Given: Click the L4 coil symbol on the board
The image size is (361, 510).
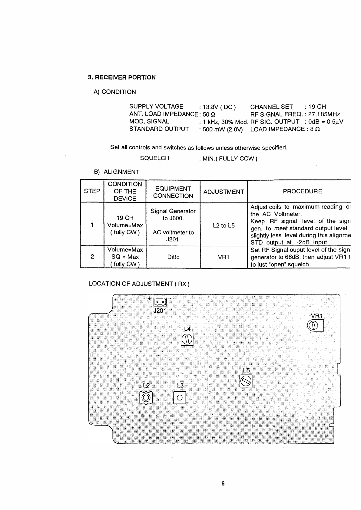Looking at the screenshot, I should (x=187, y=339).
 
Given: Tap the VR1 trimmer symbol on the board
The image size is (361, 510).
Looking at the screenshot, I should (x=315, y=325).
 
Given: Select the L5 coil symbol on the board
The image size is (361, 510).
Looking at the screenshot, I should (x=246, y=381).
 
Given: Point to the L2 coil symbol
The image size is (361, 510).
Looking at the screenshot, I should (x=146, y=398).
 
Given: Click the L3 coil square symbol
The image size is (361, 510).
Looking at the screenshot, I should (x=180, y=398).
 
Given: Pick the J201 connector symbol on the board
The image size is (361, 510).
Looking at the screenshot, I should (x=160, y=302).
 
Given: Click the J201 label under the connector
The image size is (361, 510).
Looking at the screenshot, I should (x=160, y=311).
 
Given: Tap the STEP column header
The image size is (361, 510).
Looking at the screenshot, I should (x=92, y=191).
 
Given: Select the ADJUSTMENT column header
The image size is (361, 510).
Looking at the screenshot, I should (x=224, y=192).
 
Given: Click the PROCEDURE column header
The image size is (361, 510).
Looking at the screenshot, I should (x=302, y=191).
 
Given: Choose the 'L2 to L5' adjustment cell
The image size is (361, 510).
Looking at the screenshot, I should (x=224, y=225).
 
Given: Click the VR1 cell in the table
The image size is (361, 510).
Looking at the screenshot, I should (x=224, y=257).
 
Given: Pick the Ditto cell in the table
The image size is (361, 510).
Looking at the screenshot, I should (x=173, y=257).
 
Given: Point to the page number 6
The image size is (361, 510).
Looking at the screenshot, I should (x=223, y=483).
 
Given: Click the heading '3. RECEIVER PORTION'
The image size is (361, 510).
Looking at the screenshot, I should (x=122, y=77).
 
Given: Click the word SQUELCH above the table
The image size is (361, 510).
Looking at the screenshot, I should (x=154, y=158).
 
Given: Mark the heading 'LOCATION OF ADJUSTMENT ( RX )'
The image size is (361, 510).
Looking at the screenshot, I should (x=139, y=284).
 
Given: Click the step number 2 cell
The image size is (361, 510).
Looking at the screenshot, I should (x=92, y=257).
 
